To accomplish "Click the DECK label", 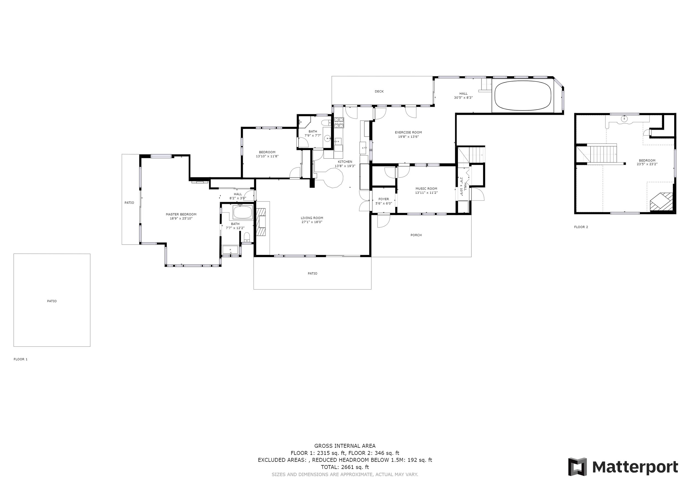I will [x=379, y=91].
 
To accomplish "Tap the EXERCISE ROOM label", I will [x=408, y=132].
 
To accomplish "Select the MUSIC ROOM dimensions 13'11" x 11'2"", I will [x=426, y=193].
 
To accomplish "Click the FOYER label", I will [x=383, y=199].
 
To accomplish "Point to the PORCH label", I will [x=416, y=235].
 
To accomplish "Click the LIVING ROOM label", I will [x=312, y=218].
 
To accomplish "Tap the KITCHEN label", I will [x=345, y=162].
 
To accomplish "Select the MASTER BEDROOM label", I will [x=181, y=214].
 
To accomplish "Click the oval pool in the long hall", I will [x=523, y=96].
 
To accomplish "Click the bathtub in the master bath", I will [x=243, y=213].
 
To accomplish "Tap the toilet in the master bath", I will [x=247, y=237].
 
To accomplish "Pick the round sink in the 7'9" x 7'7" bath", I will [x=327, y=139].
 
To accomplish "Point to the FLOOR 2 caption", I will [x=581, y=227].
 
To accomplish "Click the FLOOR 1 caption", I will [x=20, y=359].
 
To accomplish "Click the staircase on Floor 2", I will [x=603, y=153].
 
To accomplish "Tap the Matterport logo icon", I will [x=577, y=467].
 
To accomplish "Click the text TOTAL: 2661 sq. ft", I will [x=345, y=467].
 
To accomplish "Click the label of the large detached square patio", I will [x=52, y=301].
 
